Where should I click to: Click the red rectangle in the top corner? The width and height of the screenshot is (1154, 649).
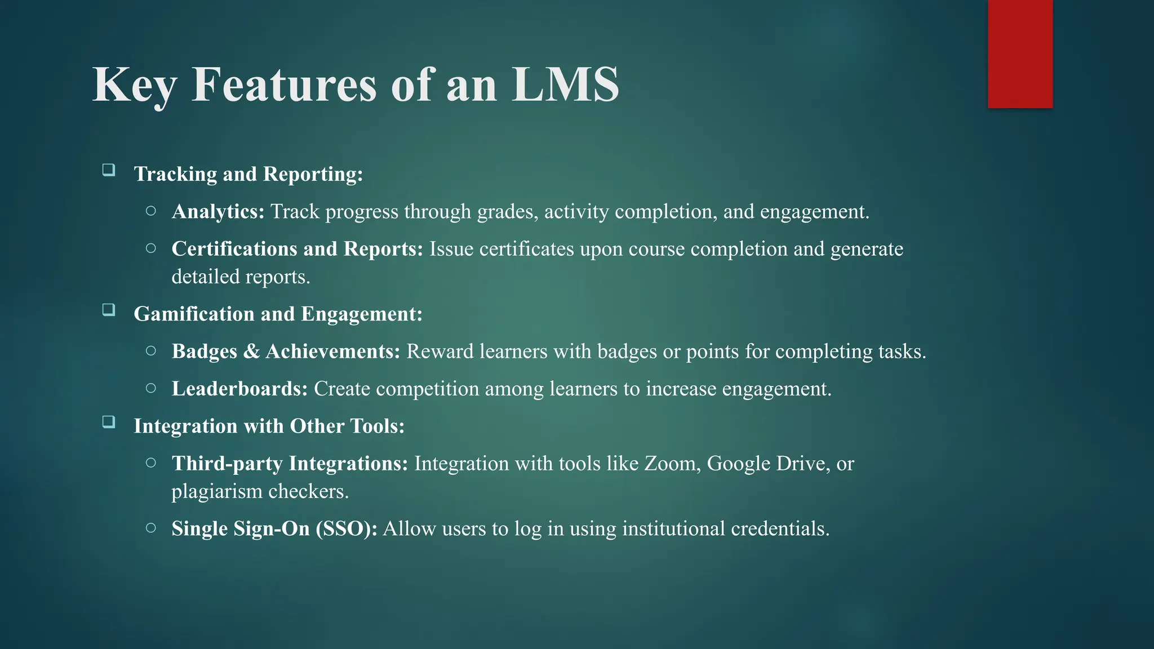1020,54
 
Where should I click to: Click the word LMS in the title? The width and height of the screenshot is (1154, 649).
565,85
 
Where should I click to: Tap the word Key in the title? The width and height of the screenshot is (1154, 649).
134,86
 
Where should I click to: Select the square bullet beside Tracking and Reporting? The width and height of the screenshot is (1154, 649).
109,170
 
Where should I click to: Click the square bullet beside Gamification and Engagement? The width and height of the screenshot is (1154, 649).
109,309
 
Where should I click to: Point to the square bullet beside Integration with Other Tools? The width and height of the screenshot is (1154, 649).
109,421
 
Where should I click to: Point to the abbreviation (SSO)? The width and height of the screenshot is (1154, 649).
346,529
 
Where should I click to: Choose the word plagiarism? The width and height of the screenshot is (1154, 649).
217,492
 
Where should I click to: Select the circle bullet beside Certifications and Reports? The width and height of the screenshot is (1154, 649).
150,248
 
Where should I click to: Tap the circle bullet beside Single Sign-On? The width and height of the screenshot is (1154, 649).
150,528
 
